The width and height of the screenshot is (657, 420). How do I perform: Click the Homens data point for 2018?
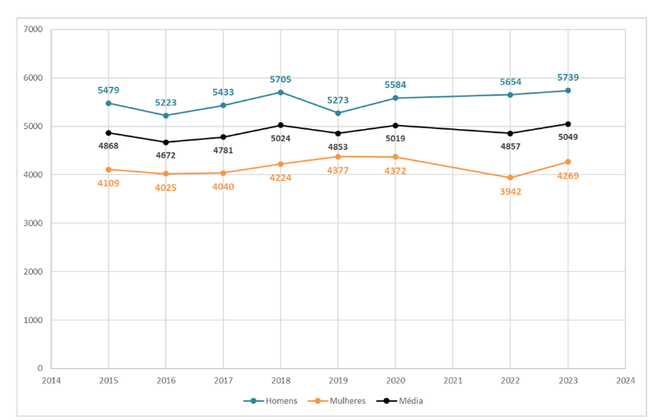click(280, 92)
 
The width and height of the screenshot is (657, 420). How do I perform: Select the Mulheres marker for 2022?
click(510, 178)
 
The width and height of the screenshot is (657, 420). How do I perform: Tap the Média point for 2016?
click(165, 142)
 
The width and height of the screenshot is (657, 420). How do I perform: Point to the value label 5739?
click(567, 78)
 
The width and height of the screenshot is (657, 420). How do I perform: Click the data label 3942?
click(510, 192)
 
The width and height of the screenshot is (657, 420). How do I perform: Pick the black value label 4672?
click(165, 155)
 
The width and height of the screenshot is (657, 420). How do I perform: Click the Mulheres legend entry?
click(336, 401)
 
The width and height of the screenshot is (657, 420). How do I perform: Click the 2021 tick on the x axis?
click(452, 381)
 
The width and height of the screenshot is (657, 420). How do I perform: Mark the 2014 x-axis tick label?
click(51, 381)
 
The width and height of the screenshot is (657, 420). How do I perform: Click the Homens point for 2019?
click(338, 113)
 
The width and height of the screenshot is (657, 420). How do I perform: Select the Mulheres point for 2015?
click(109, 169)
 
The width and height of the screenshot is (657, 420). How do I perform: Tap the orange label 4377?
click(338, 170)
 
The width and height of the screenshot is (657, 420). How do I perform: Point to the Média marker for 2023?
click(567, 124)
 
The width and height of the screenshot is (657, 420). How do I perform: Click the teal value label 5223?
click(165, 103)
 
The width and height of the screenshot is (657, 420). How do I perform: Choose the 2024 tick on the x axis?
click(625, 381)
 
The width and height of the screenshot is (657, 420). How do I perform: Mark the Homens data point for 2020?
click(396, 98)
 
